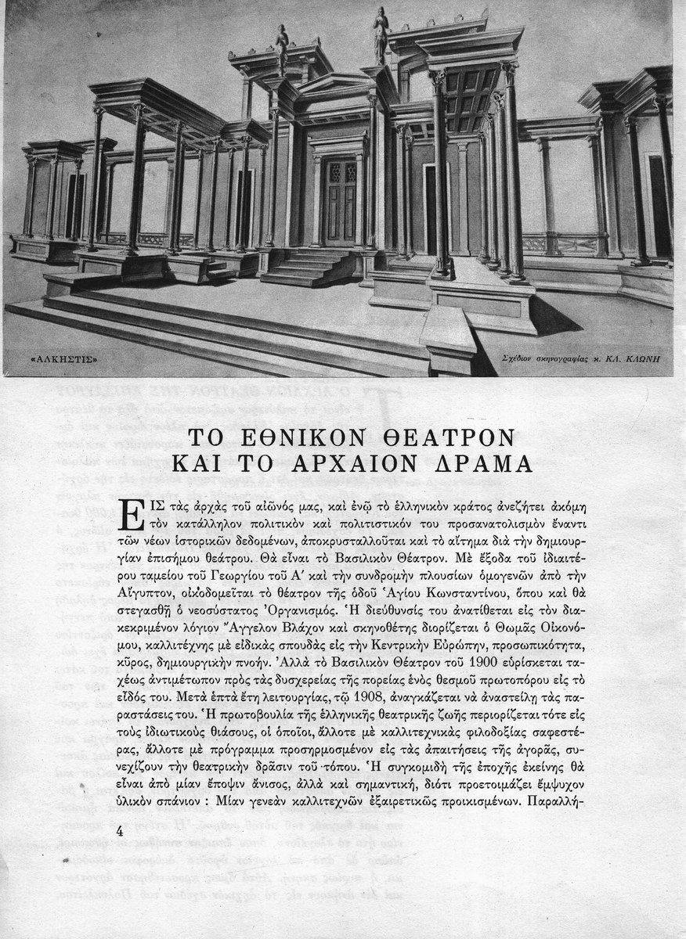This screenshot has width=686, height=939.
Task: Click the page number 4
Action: [121, 832]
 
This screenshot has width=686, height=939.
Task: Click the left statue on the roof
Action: [281, 49]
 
